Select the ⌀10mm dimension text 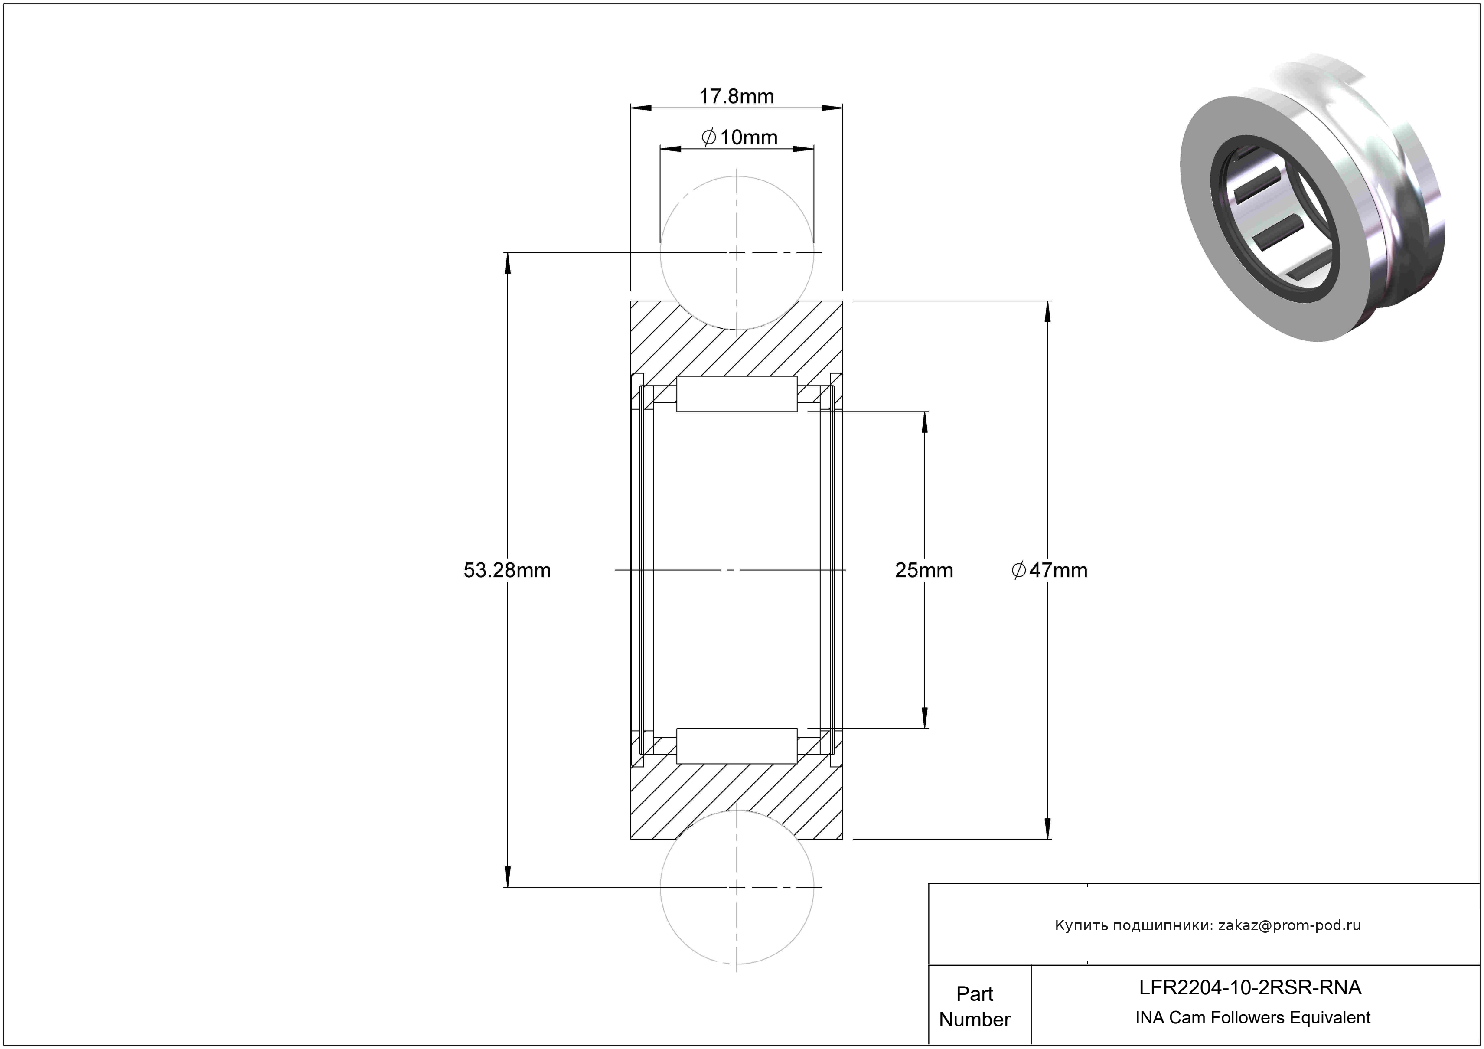(x=739, y=137)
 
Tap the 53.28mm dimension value (x=507, y=570)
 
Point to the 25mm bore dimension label (x=924, y=570)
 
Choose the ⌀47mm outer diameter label (x=1050, y=570)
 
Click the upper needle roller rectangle (x=737, y=394)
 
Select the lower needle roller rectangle (x=737, y=746)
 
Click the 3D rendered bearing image (x=1313, y=200)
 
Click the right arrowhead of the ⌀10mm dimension (x=803, y=149)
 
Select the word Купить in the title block (x=1077, y=925)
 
